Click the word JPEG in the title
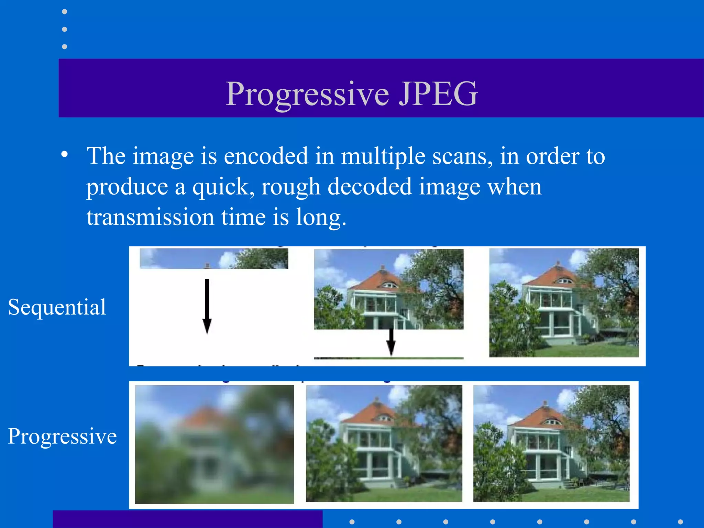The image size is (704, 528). point(438,93)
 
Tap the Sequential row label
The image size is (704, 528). point(57,307)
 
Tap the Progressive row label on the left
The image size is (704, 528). point(62,436)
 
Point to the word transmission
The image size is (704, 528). point(150,217)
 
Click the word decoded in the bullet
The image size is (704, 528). point(369,187)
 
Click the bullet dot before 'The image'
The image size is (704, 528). point(65,155)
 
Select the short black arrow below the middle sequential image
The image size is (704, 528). point(391,342)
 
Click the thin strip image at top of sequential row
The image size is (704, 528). point(214,258)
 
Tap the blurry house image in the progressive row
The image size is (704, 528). point(214,444)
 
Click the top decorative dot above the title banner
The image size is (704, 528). point(64,12)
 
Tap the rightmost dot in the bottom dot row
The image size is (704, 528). point(680,522)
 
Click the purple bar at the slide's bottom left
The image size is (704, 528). point(187,519)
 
